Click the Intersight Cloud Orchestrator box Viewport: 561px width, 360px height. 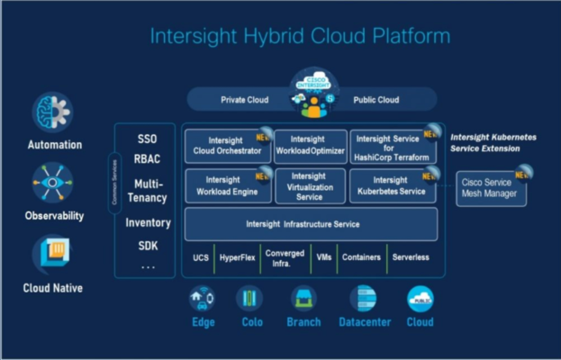point(228,146)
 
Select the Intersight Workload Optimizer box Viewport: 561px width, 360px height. point(310,146)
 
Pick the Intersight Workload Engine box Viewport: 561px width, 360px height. point(228,185)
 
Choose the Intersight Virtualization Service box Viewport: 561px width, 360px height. point(310,185)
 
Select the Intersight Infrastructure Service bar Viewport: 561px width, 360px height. point(311,223)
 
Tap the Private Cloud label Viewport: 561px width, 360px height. point(246,99)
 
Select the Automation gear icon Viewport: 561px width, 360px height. point(53,112)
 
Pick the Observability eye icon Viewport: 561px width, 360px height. point(53,184)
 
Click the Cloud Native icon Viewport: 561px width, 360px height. point(53,255)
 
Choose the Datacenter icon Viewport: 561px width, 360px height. point(363,299)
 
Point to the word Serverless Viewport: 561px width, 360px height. point(411,258)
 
